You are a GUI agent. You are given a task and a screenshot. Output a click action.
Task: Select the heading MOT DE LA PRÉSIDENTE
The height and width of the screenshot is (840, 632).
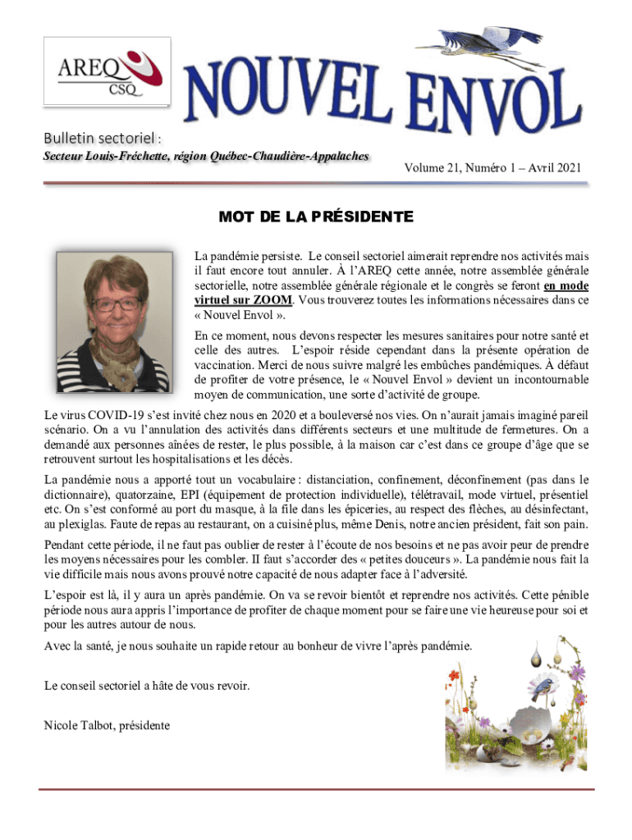pyautogui.click(x=316, y=217)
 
